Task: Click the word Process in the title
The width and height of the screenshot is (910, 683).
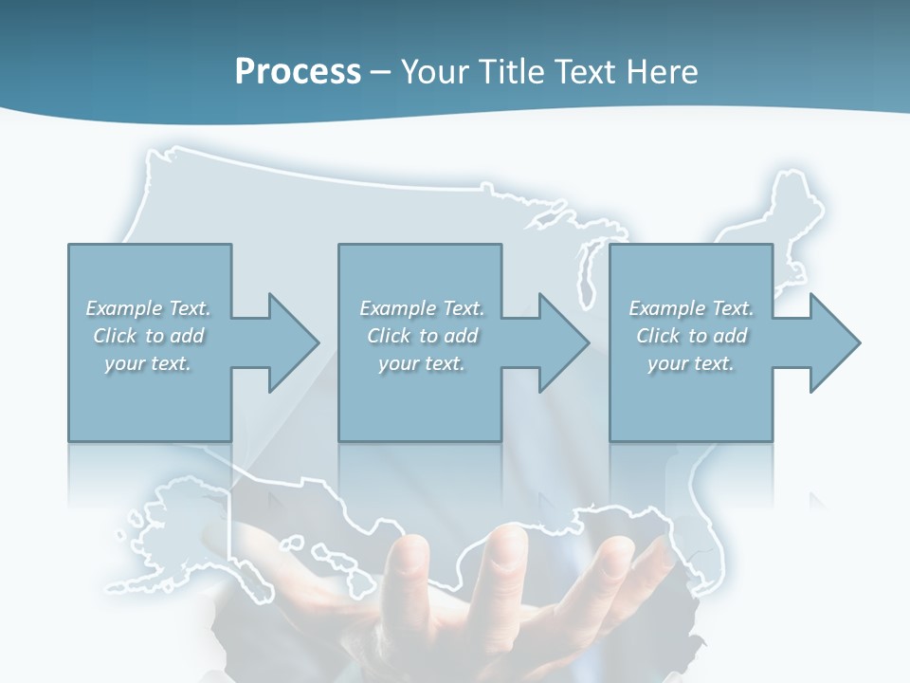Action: coord(298,71)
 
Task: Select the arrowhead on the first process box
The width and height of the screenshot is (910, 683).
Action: coord(288,342)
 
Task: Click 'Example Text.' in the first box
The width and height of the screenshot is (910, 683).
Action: coord(148,308)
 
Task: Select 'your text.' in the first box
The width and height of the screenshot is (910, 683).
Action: coord(148,363)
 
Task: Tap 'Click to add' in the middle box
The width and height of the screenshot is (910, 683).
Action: coord(422,336)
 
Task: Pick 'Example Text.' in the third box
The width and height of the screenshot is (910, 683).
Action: coord(691,308)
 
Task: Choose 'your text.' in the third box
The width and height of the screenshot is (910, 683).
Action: coord(691,363)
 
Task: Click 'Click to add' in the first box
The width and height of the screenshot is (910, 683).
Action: coord(148,336)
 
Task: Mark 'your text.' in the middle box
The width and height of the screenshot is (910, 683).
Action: coord(422,363)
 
